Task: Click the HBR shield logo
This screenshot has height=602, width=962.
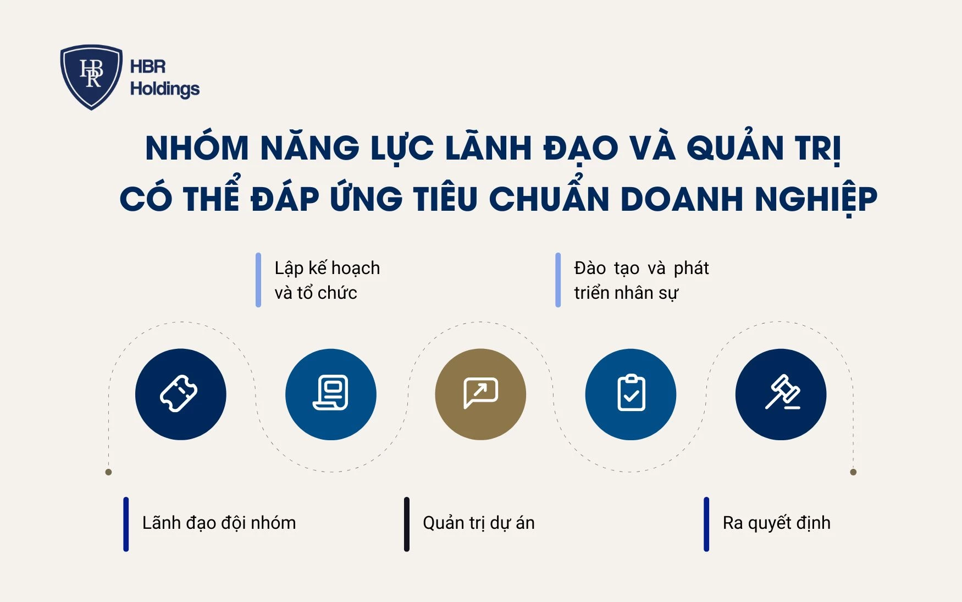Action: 91,76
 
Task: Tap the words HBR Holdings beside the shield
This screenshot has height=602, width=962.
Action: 164,78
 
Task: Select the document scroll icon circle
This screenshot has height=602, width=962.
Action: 331,394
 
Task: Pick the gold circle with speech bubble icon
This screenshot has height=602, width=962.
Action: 480,394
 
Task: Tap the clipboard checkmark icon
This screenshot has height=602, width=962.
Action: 631,394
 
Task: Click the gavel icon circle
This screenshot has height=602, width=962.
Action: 781,394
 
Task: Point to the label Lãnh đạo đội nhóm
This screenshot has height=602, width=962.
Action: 219,523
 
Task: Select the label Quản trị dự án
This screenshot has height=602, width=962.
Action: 478,523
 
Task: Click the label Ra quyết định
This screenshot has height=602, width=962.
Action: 776,523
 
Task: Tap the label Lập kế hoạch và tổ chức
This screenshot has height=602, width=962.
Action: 327,280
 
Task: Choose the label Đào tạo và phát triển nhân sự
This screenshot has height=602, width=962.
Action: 641,280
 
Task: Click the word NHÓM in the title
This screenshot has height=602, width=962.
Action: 197,149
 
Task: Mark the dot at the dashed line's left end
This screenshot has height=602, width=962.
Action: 108,472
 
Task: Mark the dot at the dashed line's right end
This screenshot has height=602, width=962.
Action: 853,472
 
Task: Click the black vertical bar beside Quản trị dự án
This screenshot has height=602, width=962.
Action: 407,524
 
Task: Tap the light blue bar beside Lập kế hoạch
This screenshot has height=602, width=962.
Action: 258,280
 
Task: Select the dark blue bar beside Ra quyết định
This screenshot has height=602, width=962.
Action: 706,524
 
